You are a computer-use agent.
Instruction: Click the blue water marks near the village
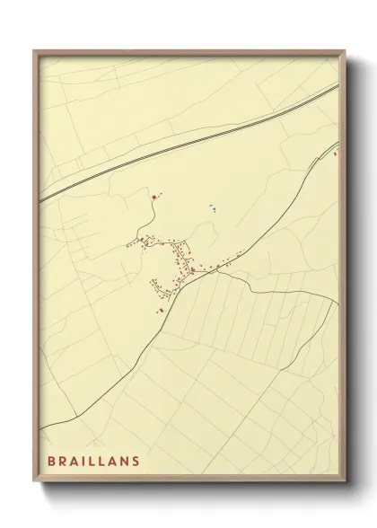213,207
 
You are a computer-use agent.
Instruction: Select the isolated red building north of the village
154,196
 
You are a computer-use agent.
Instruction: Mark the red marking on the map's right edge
336,154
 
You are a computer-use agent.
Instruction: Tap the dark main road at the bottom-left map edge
42,422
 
